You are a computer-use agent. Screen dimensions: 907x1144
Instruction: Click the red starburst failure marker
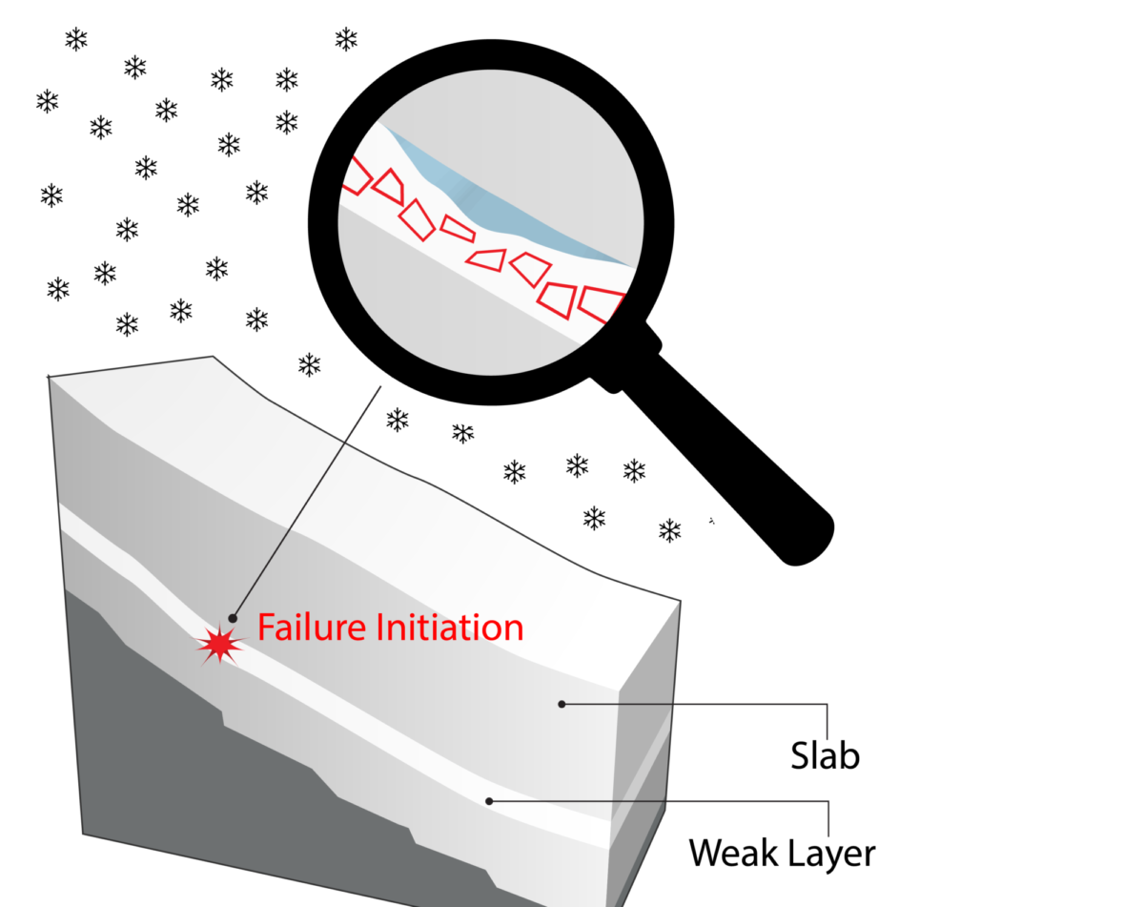220,646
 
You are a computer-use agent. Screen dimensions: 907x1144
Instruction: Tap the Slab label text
826,755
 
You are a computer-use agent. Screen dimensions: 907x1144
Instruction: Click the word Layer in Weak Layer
828,852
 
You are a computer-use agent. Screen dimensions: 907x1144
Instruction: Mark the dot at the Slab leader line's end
562,704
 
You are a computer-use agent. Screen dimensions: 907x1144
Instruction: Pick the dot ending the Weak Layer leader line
489,801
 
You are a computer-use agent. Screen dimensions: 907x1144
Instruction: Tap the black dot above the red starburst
234,618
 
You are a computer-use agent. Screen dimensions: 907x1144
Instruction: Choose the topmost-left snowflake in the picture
76,39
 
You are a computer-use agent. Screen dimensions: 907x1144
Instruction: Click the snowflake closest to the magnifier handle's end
670,530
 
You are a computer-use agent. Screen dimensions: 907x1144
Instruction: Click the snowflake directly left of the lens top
287,121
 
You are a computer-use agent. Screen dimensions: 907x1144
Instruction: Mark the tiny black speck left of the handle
711,521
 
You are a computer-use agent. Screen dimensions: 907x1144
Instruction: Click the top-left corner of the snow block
49,378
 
